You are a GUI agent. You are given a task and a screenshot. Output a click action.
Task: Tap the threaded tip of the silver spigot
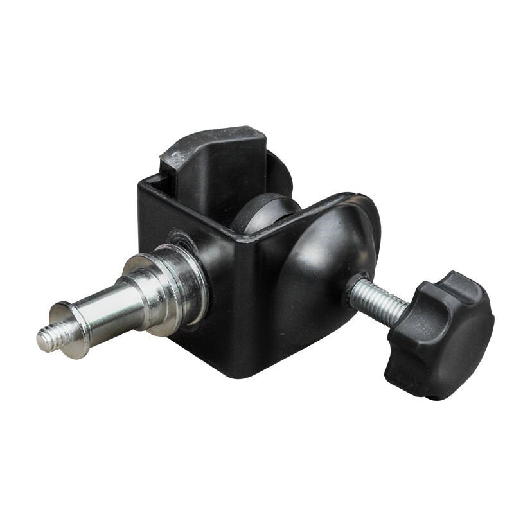[48, 338]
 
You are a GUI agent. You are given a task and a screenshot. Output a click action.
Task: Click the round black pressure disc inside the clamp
[263, 212]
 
